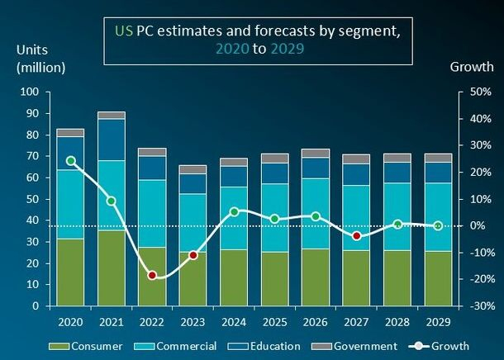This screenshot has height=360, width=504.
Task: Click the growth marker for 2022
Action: (152, 275)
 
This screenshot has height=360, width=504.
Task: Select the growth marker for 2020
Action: (71, 161)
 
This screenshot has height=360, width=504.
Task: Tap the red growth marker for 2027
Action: (357, 236)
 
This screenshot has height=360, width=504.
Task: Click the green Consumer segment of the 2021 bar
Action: (112, 268)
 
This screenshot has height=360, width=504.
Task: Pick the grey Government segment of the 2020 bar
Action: (71, 132)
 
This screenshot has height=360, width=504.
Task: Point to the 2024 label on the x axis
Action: (234, 320)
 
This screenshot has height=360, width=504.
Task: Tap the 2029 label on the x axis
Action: (438, 320)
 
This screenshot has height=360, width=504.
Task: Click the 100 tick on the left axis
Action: (30, 92)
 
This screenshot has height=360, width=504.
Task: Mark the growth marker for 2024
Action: (234, 211)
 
